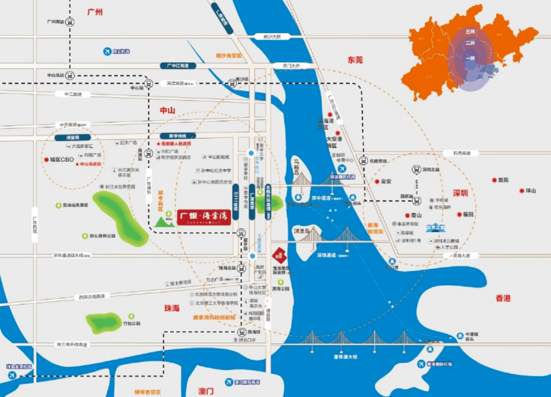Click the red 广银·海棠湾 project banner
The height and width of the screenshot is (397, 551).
coord(205,217)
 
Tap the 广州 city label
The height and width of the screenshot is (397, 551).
coord(95,12)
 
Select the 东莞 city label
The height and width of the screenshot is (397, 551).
coord(355,60)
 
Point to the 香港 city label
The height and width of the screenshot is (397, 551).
coord(503,298)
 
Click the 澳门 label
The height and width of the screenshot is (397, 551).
coord(206,391)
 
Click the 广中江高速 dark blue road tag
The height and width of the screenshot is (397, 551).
coord(178,66)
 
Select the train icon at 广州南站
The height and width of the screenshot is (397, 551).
coord(70,22)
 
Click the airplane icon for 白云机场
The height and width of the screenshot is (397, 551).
coord(107,51)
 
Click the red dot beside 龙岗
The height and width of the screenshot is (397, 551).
coord(494,180)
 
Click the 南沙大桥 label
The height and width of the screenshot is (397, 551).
coord(265,37)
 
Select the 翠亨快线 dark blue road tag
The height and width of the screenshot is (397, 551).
coord(174,136)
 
